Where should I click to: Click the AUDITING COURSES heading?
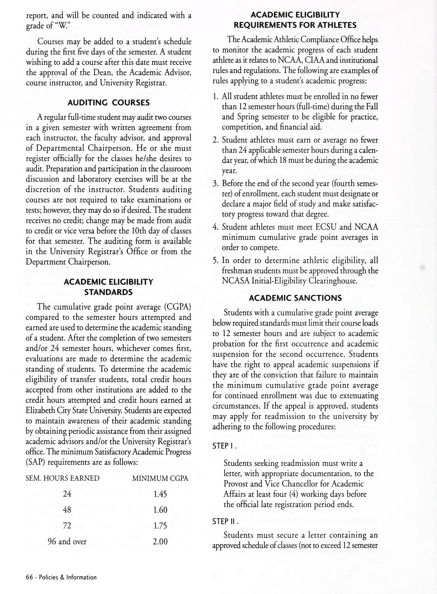click(108, 103)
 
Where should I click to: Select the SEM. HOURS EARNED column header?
click(62, 478)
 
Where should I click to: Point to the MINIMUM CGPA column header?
click(160, 478)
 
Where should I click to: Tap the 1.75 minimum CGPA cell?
click(160, 526)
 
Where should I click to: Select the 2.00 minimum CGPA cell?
click(160, 541)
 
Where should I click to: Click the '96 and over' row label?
click(67, 541)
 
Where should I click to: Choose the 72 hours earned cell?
click(67, 526)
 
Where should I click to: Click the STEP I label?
click(224, 446)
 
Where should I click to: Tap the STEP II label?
click(225, 521)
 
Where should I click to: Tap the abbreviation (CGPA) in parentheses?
click(177, 307)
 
